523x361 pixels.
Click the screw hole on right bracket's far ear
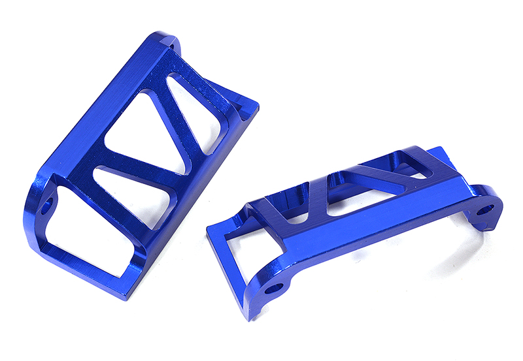[x=485, y=210]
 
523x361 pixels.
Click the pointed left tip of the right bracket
[x=208, y=229]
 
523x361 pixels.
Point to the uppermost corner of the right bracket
[x=451, y=149]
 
